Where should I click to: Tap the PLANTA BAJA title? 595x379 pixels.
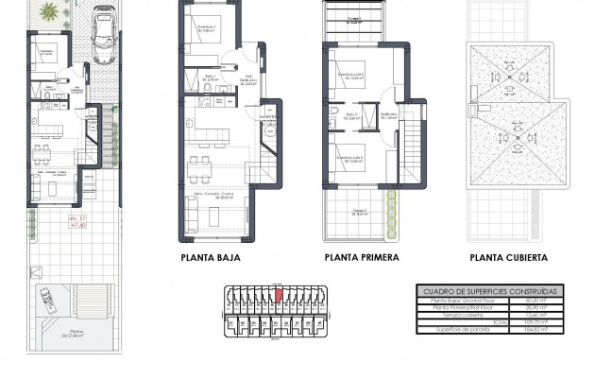(x=210, y=256)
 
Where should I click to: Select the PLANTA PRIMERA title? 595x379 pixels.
(x=361, y=256)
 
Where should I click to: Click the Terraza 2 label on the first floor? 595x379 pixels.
(x=360, y=211)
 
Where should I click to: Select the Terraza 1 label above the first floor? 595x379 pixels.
(x=353, y=19)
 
